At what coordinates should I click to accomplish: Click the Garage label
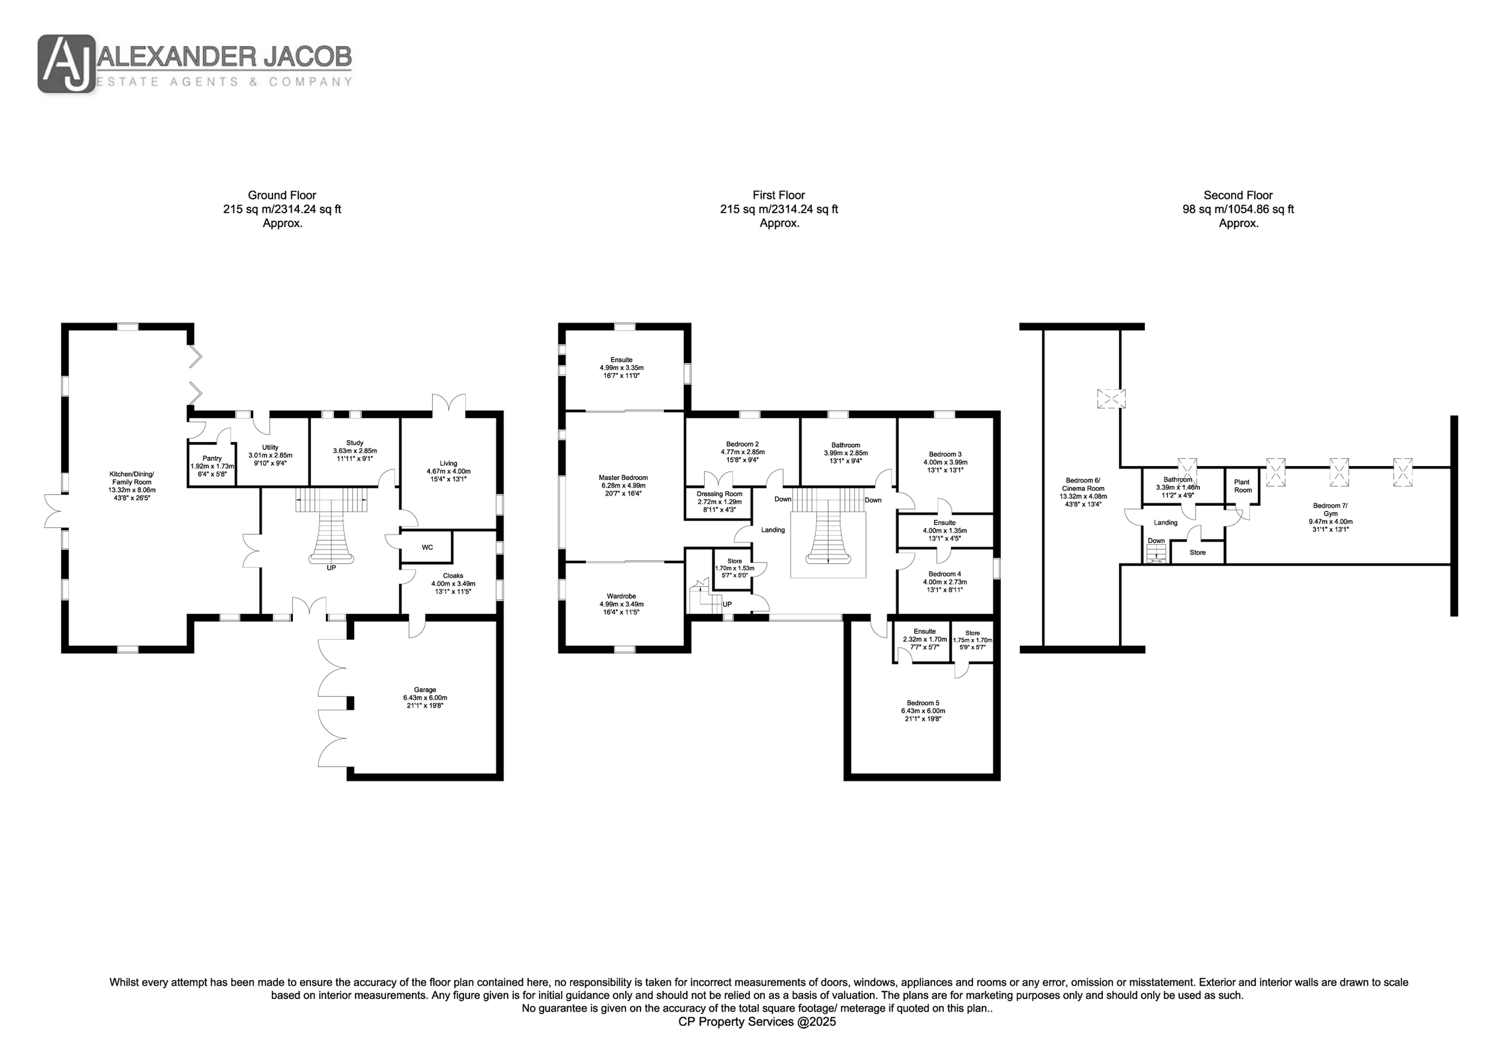coord(426,690)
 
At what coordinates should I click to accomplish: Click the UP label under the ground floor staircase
coord(331,568)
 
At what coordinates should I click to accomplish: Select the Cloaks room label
coord(453,575)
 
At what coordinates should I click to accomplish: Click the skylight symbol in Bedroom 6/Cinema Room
coord(1111,398)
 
